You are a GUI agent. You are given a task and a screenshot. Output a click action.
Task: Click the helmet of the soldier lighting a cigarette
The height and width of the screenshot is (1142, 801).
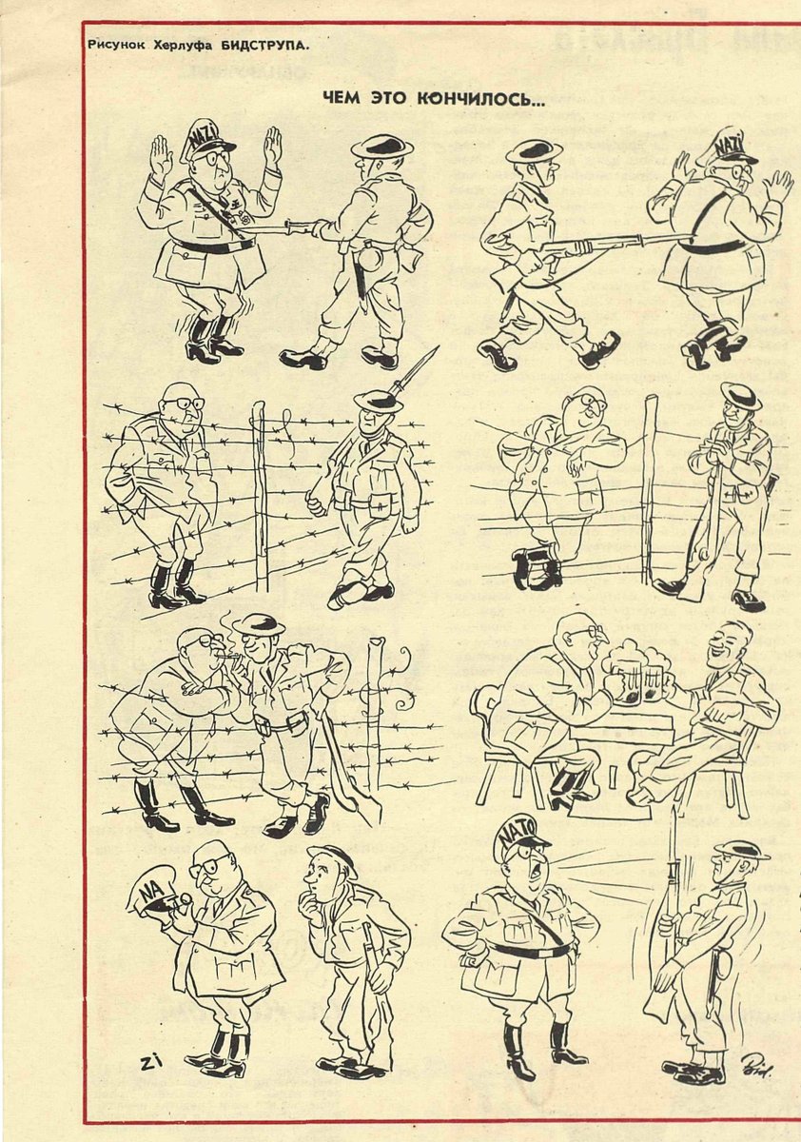click(258, 623)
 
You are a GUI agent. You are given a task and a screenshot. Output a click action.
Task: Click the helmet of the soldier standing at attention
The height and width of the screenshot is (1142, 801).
click(741, 849)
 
